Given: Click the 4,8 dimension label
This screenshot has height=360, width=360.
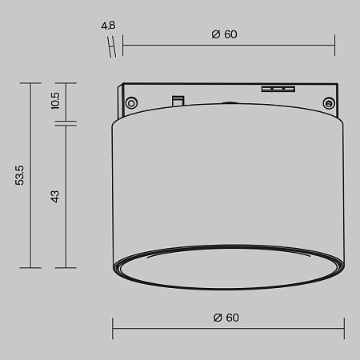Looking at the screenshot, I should (x=110, y=26).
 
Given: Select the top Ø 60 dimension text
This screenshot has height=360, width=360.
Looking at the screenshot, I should (x=225, y=34).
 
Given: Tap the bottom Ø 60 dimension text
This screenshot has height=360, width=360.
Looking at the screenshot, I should (x=226, y=317).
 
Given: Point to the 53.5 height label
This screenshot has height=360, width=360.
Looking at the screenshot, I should (x=20, y=175).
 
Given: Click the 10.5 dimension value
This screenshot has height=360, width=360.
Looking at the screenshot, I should (x=54, y=101).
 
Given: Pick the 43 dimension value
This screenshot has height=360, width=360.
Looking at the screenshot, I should (x=55, y=196).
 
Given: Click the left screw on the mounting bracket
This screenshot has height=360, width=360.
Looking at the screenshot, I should (x=130, y=101).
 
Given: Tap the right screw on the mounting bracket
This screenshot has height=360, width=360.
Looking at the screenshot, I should (x=327, y=102).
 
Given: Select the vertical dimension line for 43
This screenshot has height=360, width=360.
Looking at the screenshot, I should (x=66, y=196).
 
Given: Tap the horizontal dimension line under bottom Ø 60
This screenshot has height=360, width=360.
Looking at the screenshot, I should (x=228, y=328).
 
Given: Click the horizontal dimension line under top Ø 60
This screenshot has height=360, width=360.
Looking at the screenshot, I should (x=228, y=45).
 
